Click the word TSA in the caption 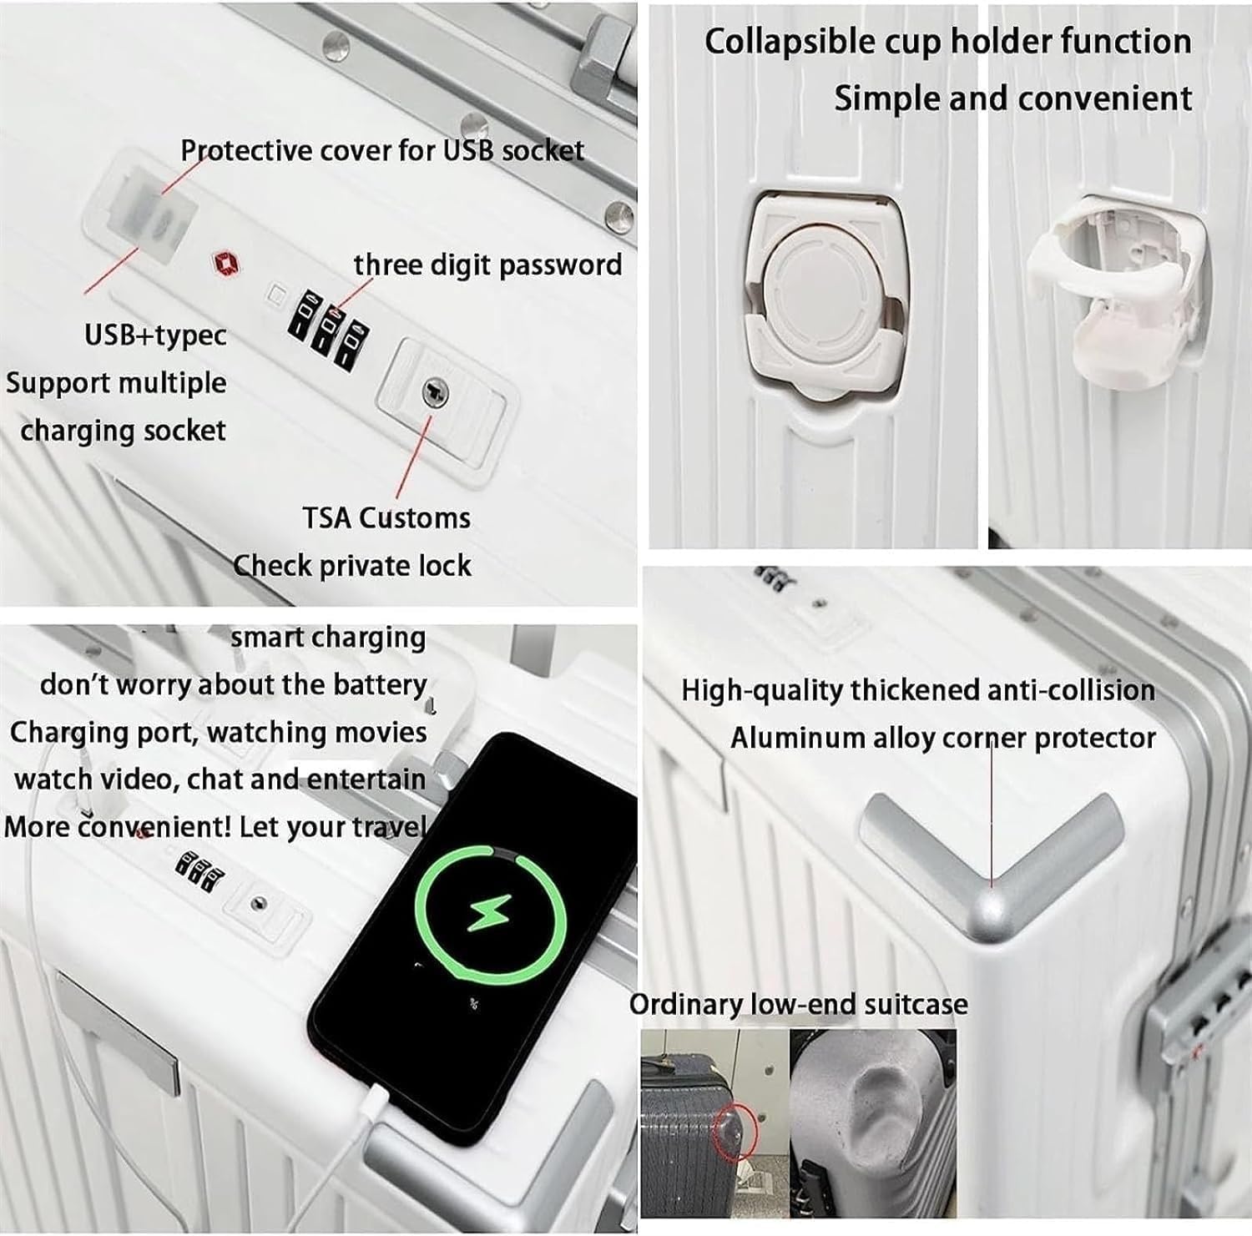[326, 518]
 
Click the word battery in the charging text [379, 685]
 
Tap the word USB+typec [155, 335]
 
